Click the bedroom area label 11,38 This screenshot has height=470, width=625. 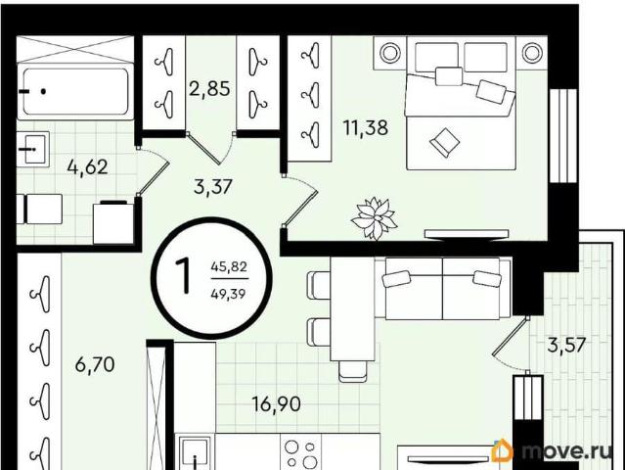coord(366,128)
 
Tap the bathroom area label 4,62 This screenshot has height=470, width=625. coord(88,166)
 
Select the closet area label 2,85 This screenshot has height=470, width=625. coord(209,88)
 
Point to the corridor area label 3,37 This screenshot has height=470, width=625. coord(213,186)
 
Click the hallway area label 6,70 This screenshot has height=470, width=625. coord(95,364)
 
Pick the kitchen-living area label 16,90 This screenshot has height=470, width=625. coord(277,404)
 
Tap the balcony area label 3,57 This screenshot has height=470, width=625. coord(566,345)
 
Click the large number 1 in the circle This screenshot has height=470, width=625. coord(184,276)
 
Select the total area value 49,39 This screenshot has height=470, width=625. coord(229,294)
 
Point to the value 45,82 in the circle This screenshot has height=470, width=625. coord(229,266)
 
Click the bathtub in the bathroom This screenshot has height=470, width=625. coord(75,91)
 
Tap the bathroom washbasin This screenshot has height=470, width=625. coord(34,149)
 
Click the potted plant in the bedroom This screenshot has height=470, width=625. coord(374,218)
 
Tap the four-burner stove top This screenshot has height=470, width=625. coord(301,453)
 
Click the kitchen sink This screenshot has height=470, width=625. coord(195,453)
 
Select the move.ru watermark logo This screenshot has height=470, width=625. coord(552,450)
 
